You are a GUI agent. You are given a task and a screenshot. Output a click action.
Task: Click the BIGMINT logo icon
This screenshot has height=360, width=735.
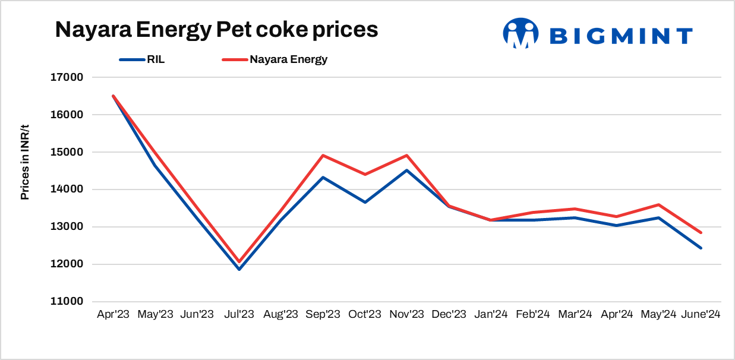pos(521,33)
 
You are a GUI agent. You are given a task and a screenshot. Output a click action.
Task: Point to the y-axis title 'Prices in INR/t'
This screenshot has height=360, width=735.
pos(25,161)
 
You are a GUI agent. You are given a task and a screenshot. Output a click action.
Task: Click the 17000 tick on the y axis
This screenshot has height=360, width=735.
pos(67,77)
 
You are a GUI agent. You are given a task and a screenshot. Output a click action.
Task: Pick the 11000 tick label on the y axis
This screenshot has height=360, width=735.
pos(67,302)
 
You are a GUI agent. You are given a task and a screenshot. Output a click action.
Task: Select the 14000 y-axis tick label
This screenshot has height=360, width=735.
pos(67,190)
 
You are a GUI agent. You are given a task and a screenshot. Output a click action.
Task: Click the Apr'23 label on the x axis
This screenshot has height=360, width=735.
pos(113,315)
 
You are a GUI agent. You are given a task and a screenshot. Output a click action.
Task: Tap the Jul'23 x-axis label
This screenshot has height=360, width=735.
pos(239,315)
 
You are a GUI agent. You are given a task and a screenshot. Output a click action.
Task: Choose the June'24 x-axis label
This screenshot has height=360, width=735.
pos(701,315)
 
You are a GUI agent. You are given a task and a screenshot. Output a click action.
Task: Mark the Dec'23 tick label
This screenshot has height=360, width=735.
pos(449,315)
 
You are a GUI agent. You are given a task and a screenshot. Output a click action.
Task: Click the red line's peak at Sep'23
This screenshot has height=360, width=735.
pos(323,156)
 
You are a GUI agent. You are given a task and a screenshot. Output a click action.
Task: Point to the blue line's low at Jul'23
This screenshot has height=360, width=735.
pos(239,269)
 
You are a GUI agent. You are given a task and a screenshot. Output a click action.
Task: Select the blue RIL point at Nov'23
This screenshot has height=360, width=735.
pos(407,170)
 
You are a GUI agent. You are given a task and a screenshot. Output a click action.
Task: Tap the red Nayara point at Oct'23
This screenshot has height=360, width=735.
pos(365,174)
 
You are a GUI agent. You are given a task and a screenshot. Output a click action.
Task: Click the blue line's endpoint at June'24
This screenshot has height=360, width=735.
pos(701,248)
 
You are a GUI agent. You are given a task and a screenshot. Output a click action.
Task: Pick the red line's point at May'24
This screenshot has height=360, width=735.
pos(659,205)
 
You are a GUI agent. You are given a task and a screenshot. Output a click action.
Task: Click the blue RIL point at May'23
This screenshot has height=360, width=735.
pos(155,165)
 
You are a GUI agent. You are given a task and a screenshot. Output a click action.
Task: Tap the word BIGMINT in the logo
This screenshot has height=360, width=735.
pos(621,36)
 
